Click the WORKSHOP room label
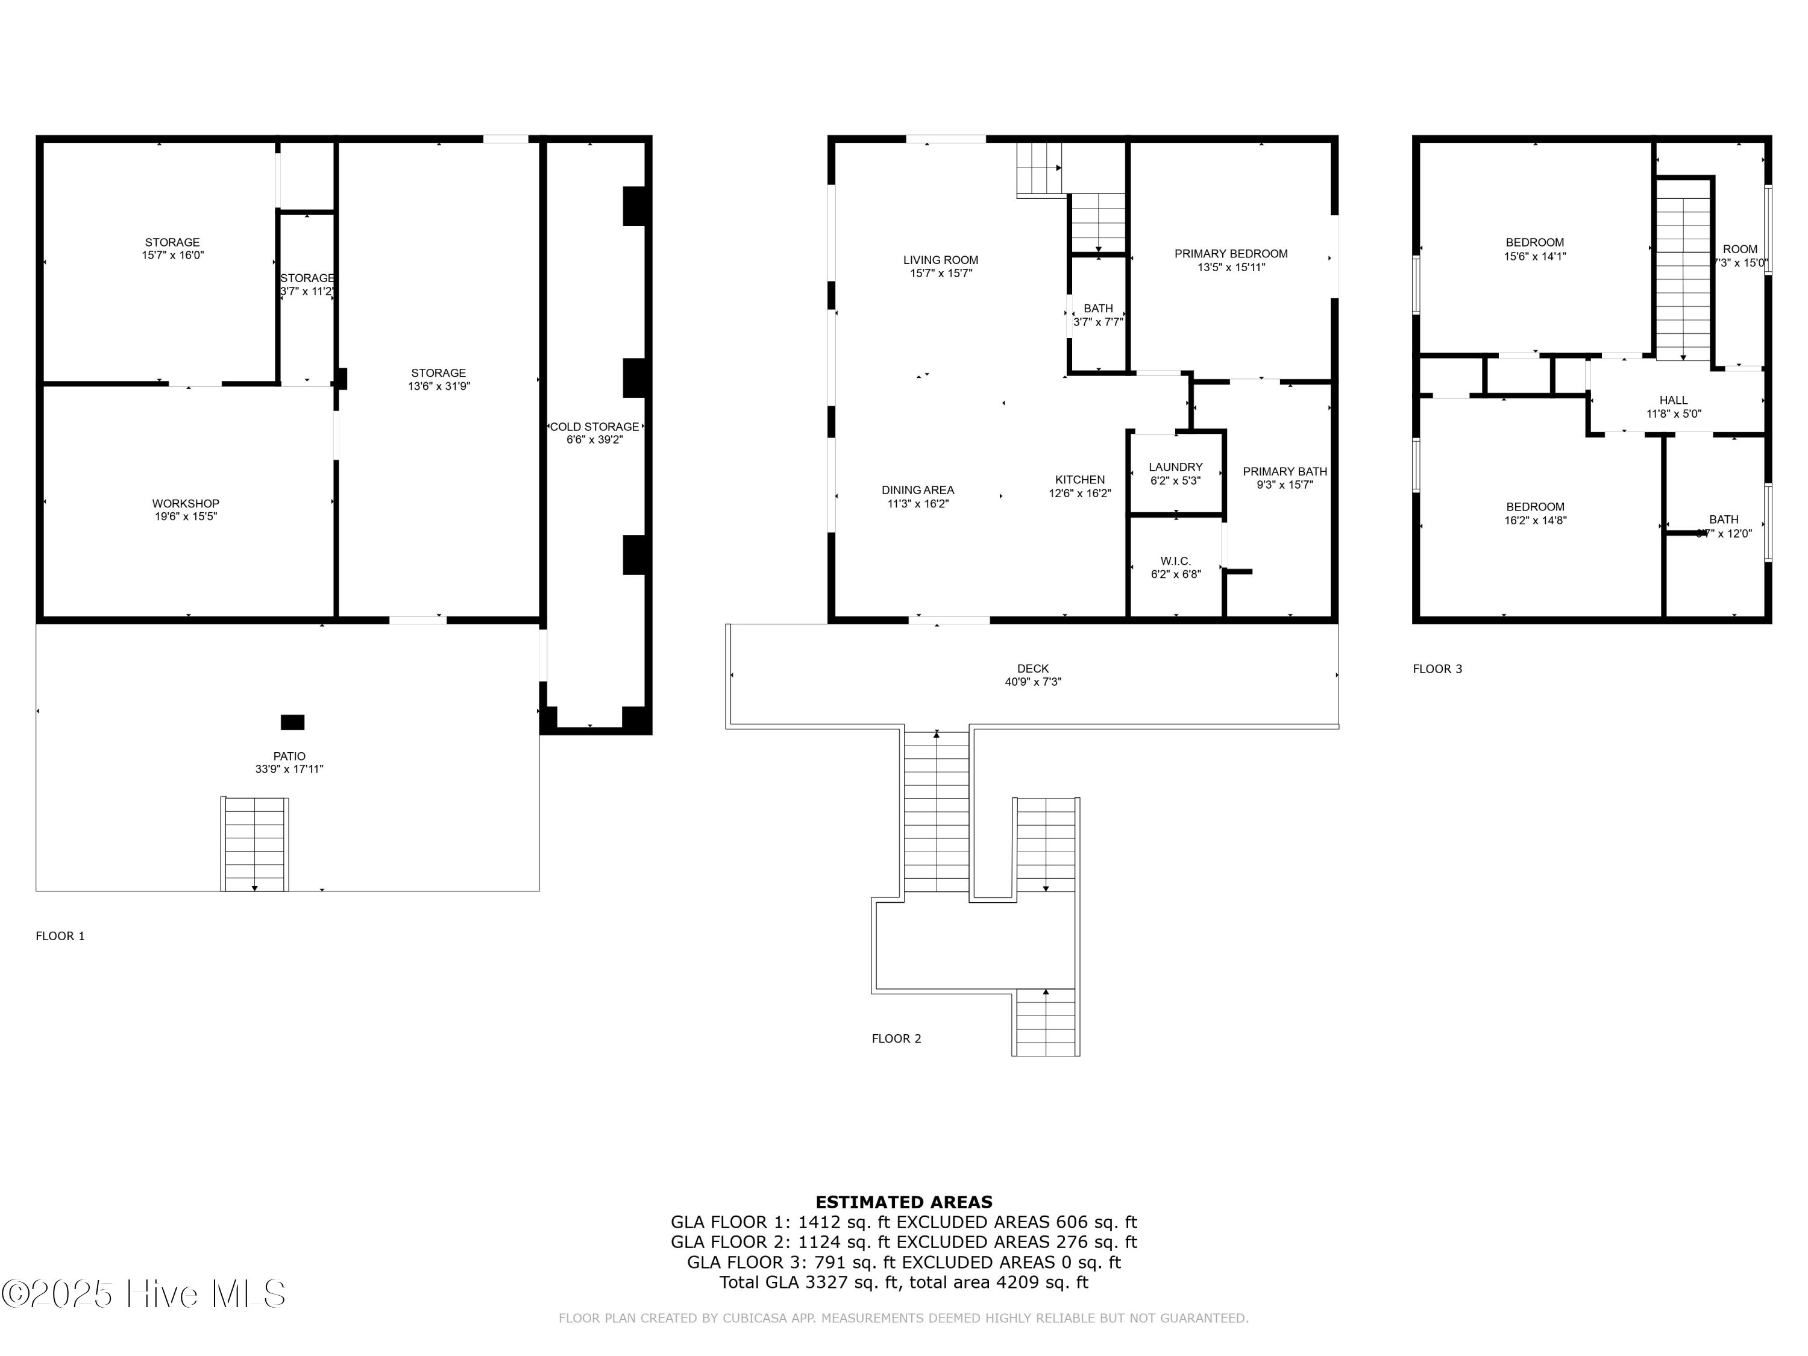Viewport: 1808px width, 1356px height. tap(186, 503)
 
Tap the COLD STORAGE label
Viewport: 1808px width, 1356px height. tap(594, 427)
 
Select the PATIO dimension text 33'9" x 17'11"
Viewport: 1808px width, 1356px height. tap(289, 769)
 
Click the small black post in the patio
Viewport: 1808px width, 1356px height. tap(293, 722)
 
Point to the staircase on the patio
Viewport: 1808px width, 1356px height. tap(255, 844)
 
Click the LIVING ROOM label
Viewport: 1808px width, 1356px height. tap(940, 260)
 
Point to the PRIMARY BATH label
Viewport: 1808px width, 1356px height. tap(1284, 472)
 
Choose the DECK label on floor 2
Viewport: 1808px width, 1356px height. tap(1032, 668)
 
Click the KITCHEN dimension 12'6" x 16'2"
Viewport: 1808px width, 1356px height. tap(1080, 494)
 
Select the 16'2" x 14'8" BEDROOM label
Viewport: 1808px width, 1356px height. tap(1535, 507)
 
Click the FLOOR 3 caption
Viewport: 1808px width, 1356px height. tap(1437, 668)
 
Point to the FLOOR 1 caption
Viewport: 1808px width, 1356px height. tap(60, 936)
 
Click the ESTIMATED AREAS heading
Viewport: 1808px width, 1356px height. tap(904, 1202)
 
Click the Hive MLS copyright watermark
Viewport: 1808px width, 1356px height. tap(144, 1294)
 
